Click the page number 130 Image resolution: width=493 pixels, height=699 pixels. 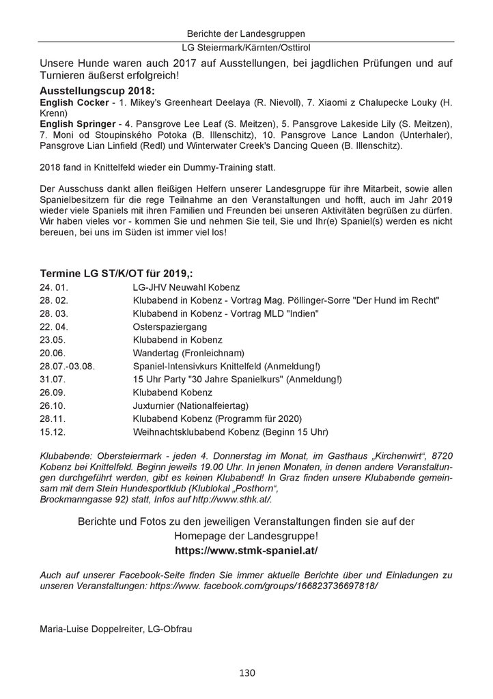[x=246, y=673]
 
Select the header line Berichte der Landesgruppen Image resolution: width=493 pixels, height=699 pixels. [x=246, y=33]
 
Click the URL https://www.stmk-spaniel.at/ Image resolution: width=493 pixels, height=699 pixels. [x=246, y=530]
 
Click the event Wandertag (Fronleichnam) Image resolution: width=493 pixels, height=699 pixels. [x=188, y=353]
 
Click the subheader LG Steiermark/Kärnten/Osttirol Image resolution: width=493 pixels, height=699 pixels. [x=246, y=48]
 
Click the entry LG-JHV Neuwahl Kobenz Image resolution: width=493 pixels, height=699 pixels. [x=186, y=287]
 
